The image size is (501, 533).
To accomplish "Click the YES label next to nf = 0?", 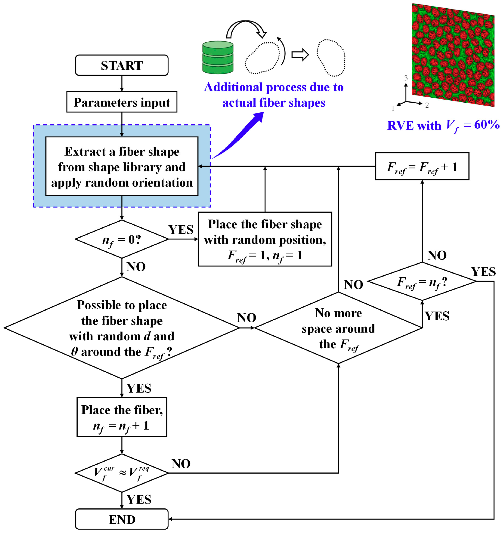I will (181, 230).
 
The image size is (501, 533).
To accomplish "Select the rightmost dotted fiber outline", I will (331, 58).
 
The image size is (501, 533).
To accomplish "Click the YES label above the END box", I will (139, 500).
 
